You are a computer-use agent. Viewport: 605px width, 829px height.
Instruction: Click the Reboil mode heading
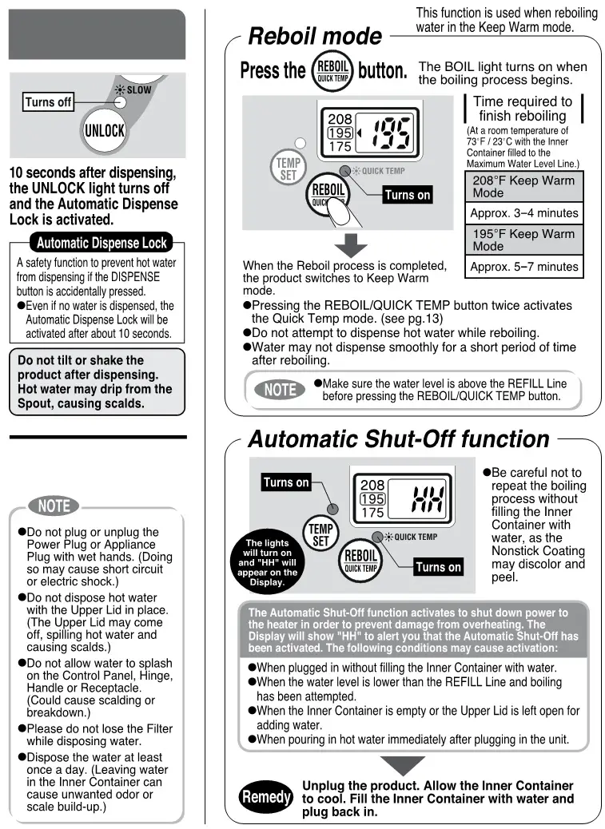click(315, 37)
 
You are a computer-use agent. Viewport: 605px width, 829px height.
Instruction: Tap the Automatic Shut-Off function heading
click(399, 439)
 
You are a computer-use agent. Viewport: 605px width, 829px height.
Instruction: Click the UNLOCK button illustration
click(105, 129)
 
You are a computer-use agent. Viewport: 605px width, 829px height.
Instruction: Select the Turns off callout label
click(49, 102)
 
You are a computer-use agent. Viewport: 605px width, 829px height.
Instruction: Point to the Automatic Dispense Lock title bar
click(102, 243)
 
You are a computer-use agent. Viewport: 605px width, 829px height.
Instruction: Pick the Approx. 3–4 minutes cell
click(523, 213)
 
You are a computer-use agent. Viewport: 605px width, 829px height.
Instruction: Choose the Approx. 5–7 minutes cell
click(523, 267)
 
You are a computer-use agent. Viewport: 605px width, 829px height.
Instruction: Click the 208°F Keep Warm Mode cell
click(523, 187)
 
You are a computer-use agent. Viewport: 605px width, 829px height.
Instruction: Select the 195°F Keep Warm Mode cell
click(523, 240)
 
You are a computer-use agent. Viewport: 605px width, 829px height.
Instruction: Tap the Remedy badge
click(266, 797)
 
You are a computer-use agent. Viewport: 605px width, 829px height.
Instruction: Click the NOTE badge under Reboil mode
click(281, 390)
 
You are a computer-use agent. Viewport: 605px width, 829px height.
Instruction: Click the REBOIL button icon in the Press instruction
click(332, 70)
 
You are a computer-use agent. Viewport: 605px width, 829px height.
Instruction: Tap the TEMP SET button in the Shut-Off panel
click(320, 534)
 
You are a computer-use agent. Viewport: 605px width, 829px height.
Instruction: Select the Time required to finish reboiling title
click(523, 109)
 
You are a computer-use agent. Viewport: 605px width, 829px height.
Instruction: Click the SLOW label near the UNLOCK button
click(138, 90)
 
